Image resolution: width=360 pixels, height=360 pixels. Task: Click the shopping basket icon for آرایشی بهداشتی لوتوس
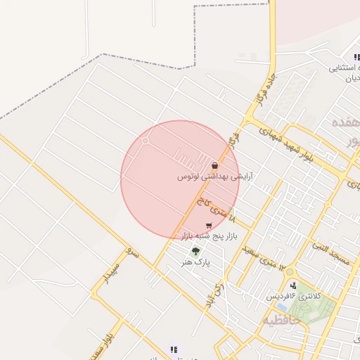click(214, 166)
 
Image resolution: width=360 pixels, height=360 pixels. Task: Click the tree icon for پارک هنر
click(195, 250)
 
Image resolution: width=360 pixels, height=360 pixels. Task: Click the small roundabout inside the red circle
click(146, 141)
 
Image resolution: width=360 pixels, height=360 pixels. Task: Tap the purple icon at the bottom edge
click(174, 349)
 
